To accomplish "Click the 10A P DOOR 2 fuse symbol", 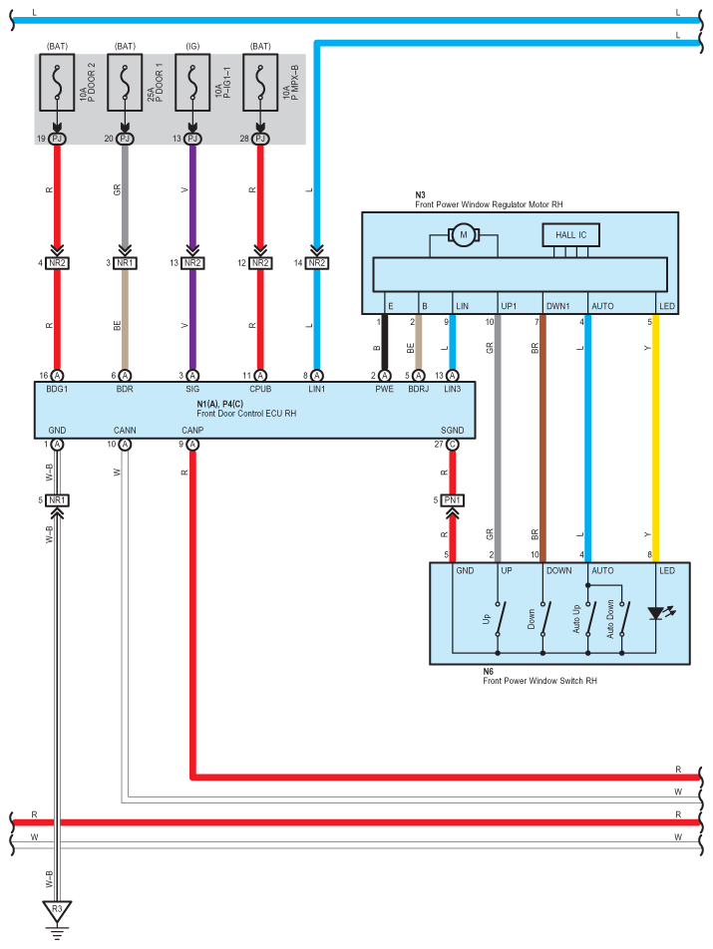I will tap(57, 84).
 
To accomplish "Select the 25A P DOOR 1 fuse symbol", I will tap(125, 84).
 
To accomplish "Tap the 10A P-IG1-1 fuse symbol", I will tap(192, 84).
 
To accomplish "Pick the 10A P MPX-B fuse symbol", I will tap(260, 84).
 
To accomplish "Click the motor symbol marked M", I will tap(463, 235).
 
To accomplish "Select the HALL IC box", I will tap(571, 235).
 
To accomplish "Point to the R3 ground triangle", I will tap(57, 910).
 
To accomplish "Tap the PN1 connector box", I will tap(453, 499).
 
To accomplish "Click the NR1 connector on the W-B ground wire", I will tap(57, 499).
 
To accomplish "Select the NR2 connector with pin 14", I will tap(316, 263).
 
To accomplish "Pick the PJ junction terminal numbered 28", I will tap(260, 139).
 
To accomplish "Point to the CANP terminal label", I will tap(192, 430).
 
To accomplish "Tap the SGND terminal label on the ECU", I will tap(453, 430).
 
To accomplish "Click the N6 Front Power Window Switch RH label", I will tap(538, 677).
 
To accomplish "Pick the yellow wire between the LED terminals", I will tap(655, 439).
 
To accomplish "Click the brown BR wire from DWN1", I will tap(541, 439).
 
